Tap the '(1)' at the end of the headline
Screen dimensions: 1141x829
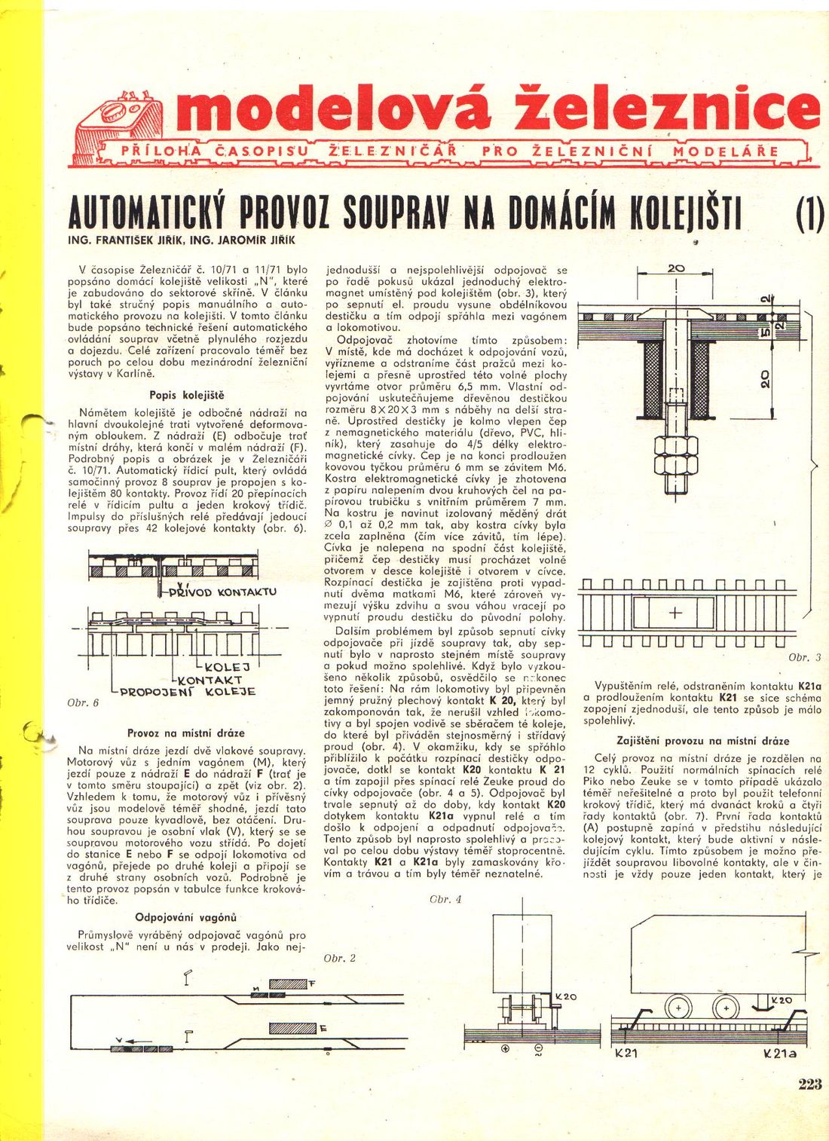point(808,216)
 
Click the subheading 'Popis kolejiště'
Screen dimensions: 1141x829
point(187,395)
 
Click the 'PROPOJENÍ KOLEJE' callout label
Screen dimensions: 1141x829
point(188,691)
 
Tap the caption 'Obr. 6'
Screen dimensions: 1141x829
point(83,702)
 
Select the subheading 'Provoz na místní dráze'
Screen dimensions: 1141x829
point(186,733)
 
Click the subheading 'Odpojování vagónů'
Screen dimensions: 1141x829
point(185,917)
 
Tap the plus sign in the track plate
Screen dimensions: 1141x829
point(675,613)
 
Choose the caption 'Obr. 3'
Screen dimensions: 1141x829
point(804,657)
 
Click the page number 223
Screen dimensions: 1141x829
point(809,1084)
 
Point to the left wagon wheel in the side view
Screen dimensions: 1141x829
point(678,1008)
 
